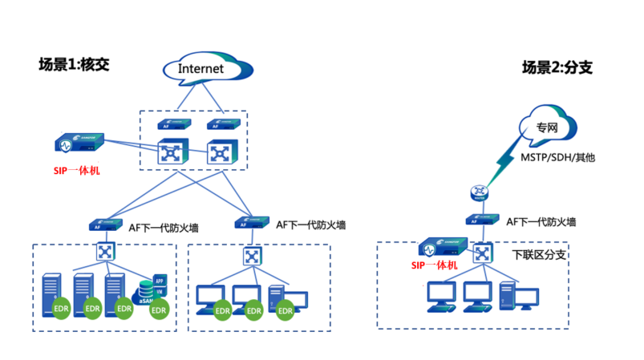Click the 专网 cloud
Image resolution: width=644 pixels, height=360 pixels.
click(x=546, y=127)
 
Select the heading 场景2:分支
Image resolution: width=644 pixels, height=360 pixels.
click(x=557, y=67)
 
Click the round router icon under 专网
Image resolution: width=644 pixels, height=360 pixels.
click(x=479, y=192)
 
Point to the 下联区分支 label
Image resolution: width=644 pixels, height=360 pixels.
click(x=540, y=255)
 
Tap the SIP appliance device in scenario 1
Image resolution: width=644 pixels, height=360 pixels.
click(x=79, y=144)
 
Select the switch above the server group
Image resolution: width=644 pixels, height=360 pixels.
click(x=105, y=250)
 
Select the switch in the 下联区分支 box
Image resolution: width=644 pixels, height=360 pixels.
click(x=484, y=254)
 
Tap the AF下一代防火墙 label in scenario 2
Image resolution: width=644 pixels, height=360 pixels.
click(x=540, y=221)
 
